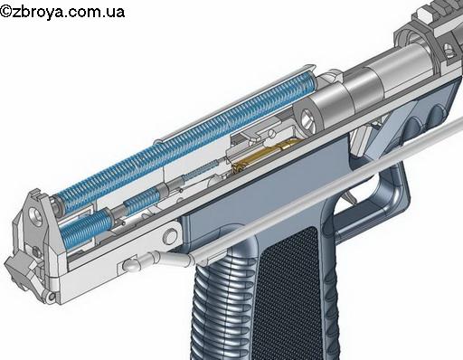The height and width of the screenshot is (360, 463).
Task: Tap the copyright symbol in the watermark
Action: (x=6, y=12)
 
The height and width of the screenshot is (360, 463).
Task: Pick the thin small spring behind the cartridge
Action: (x=201, y=171)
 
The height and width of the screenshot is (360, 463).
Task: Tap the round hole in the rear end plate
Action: (x=36, y=216)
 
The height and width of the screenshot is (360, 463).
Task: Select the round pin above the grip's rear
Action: (x=170, y=236)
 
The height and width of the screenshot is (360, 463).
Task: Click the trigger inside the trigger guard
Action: (x=351, y=196)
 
